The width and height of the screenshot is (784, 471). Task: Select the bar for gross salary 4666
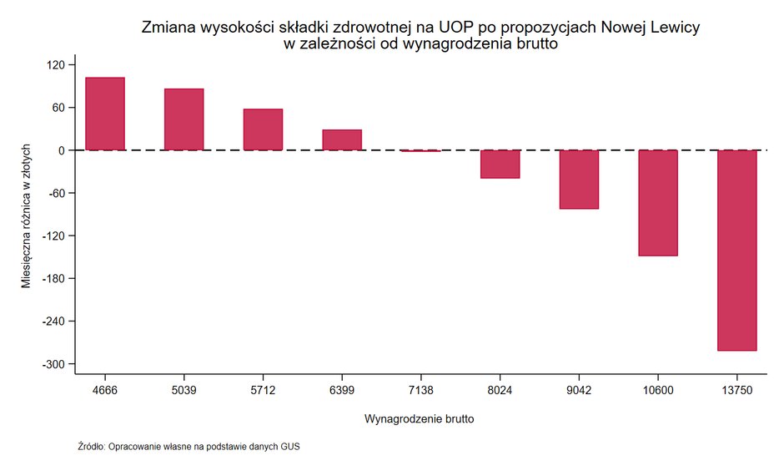(105, 114)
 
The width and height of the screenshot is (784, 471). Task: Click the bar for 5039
(183, 119)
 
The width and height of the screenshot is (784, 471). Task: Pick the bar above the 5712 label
(263, 129)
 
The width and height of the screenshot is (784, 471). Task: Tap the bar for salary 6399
(342, 140)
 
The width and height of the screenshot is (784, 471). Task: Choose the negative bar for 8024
(500, 164)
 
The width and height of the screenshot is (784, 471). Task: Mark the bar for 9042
(579, 179)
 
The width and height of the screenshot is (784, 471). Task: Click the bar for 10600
(658, 203)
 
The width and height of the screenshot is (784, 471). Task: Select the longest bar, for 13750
(736, 251)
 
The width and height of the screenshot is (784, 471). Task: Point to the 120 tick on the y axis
(61, 65)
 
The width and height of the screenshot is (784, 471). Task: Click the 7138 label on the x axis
(420, 389)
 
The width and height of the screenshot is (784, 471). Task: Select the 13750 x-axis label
(736, 389)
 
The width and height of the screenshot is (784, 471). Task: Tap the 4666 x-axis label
(105, 389)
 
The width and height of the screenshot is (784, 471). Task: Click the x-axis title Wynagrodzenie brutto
(420, 418)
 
